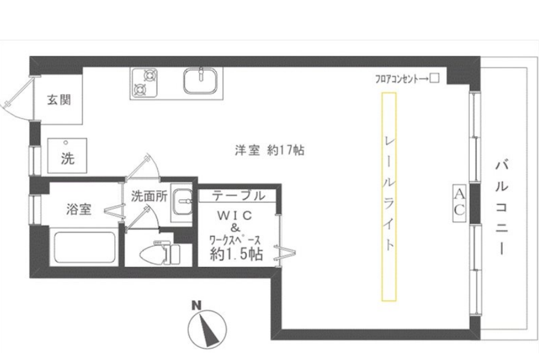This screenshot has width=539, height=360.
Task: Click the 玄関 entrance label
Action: (x=59, y=100)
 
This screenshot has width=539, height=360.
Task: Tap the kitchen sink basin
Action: (x=200, y=81)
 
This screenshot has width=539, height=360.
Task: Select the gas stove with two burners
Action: (x=144, y=82)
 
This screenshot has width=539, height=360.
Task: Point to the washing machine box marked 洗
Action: (x=67, y=155)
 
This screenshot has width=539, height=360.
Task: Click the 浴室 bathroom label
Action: (x=79, y=209)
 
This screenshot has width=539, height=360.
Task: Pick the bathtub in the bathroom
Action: (x=85, y=247)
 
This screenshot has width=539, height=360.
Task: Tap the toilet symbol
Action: (x=160, y=253)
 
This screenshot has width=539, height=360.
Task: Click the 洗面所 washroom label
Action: (x=149, y=196)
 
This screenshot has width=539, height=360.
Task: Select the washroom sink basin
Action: (x=182, y=202)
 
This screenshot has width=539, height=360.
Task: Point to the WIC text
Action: (x=235, y=216)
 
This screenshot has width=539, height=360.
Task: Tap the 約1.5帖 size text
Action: (x=236, y=254)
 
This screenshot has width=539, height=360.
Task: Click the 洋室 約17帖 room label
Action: (x=269, y=151)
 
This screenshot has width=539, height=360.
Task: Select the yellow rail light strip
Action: (x=389, y=197)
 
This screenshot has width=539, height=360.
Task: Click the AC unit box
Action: (x=460, y=203)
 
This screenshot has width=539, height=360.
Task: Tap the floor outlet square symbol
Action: (x=435, y=78)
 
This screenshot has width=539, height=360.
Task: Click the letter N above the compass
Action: (x=196, y=305)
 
